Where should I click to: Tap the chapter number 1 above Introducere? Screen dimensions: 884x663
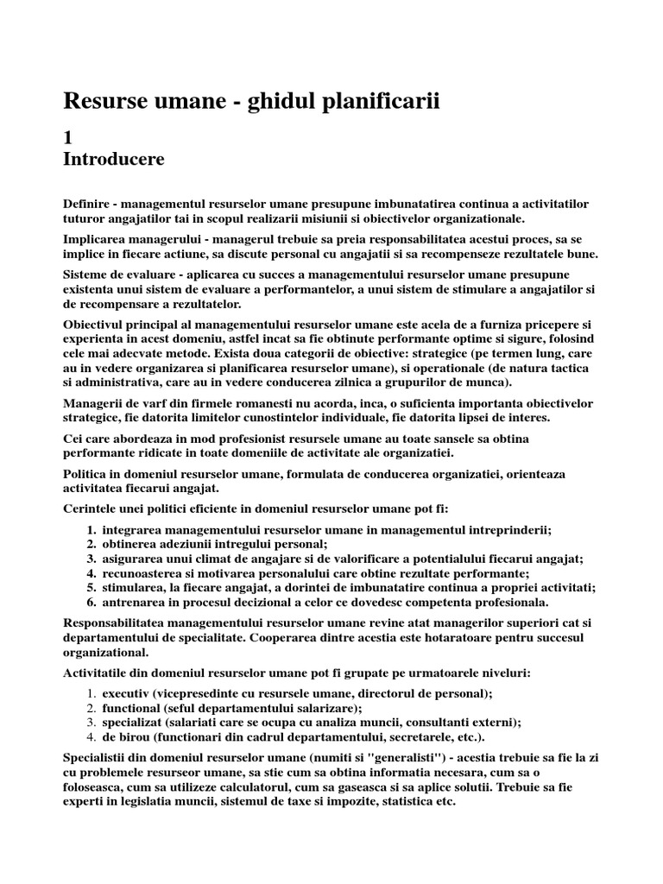pos(69,136)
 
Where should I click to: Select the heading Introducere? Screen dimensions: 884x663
pos(114,159)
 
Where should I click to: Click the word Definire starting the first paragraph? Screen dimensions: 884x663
pos(89,204)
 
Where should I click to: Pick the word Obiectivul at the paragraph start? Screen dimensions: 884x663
pos(96,323)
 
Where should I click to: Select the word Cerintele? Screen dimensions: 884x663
pos(92,508)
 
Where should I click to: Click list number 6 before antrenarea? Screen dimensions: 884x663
pos(92,602)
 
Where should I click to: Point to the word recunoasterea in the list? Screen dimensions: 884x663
pos(142,572)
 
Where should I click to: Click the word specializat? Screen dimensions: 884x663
pos(134,723)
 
